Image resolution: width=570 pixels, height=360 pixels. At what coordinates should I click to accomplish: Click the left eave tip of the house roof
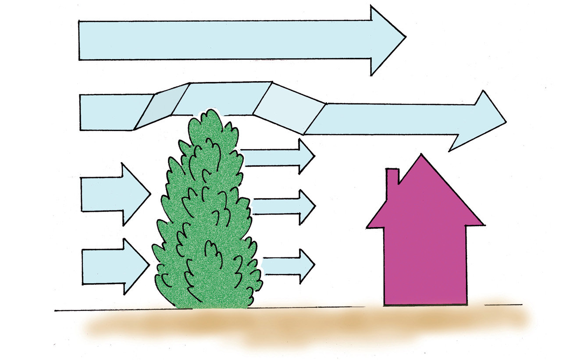(x=369, y=226)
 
